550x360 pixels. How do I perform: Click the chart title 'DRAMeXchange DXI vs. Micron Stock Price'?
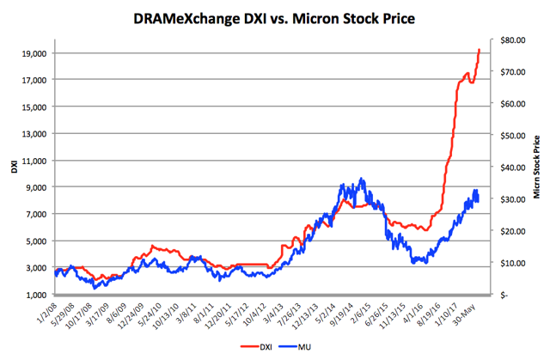[275, 17]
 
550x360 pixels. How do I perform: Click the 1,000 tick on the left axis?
[36, 295]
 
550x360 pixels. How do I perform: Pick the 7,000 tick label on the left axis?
[36, 214]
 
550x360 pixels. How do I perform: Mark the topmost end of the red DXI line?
[479, 50]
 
